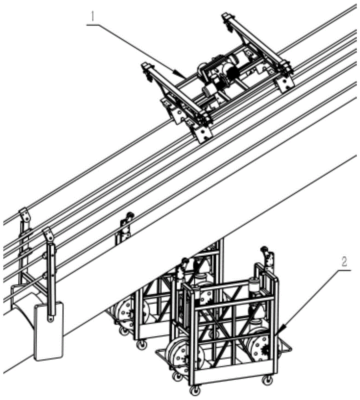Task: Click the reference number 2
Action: click(x=343, y=263)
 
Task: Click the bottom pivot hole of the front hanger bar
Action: click(x=50, y=318)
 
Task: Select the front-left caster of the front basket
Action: click(x=176, y=376)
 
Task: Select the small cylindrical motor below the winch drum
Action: click(x=210, y=91)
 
